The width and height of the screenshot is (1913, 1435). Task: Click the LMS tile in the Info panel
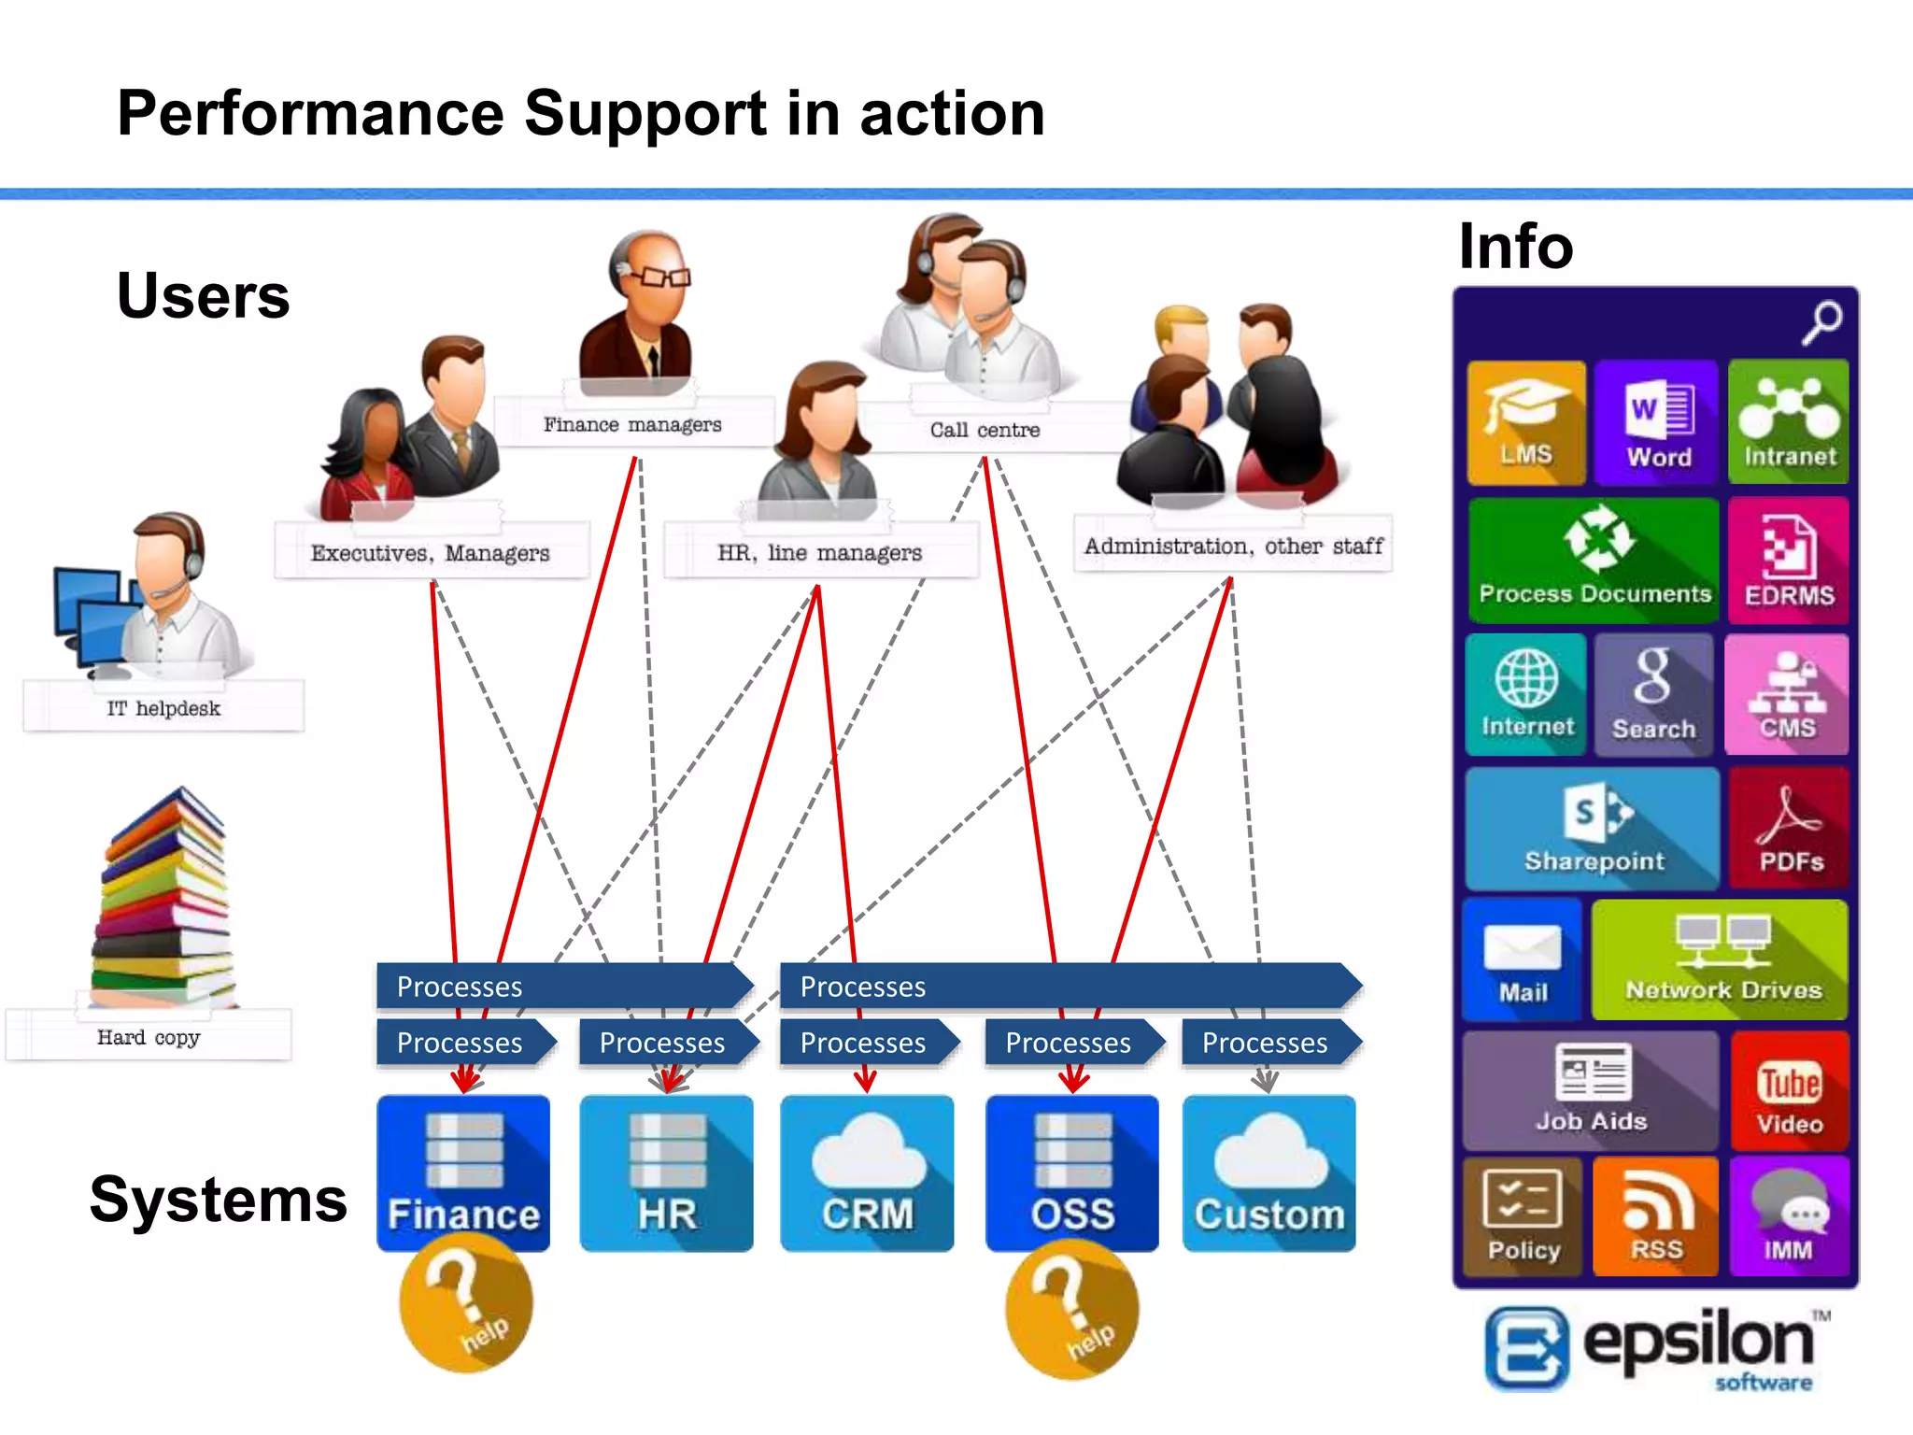click(1526, 422)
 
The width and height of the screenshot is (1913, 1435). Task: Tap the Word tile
click(1656, 422)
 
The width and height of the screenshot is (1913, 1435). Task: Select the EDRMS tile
click(1788, 561)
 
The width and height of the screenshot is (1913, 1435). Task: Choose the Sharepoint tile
click(1593, 830)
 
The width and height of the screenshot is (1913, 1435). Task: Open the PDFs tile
click(1788, 830)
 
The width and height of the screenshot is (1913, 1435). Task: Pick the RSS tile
click(1655, 1216)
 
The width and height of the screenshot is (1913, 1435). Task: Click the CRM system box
click(867, 1173)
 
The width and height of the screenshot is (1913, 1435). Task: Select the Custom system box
click(1268, 1173)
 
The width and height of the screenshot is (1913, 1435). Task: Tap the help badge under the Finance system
click(466, 1304)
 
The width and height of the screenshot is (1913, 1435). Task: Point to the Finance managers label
click(633, 425)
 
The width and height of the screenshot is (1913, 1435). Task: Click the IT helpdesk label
click(163, 708)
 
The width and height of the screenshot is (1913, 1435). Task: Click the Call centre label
click(985, 430)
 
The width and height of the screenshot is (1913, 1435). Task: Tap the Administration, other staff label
click(1233, 546)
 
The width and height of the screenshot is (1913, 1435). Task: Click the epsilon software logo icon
click(1526, 1348)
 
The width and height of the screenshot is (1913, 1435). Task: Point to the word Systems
click(219, 1200)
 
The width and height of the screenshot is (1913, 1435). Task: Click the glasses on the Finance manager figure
click(658, 277)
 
